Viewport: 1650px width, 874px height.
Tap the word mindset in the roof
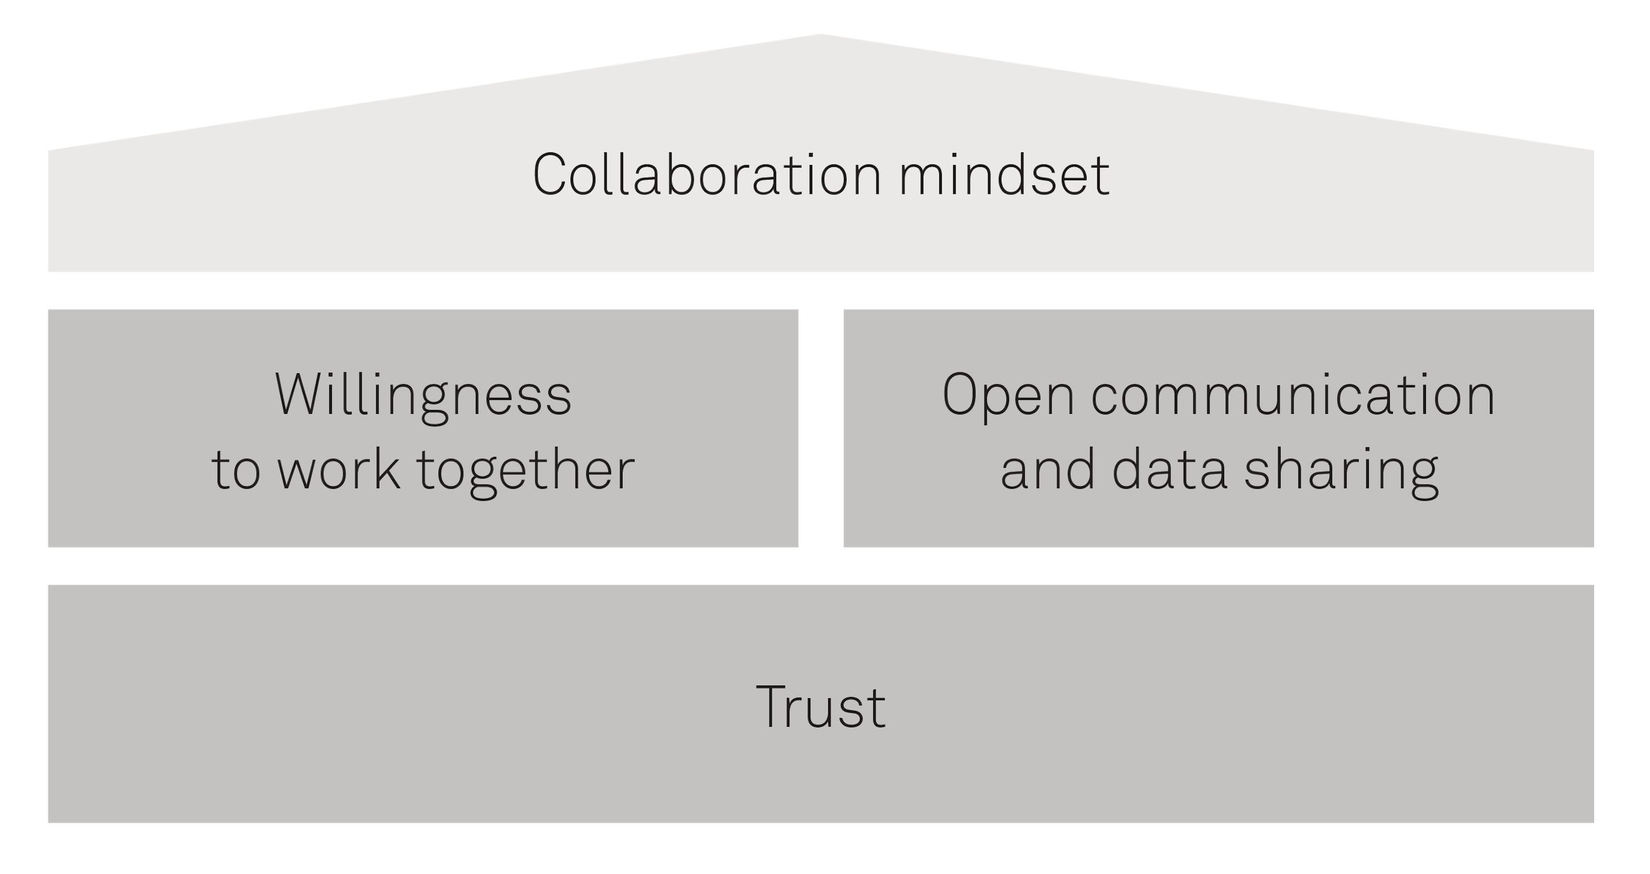(x=1005, y=175)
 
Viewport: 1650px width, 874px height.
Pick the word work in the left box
(x=338, y=470)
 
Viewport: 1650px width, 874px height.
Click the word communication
(x=1293, y=395)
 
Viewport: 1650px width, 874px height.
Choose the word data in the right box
(x=1169, y=470)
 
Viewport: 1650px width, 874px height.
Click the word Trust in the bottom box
(x=821, y=708)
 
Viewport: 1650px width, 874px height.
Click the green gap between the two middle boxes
(x=821, y=428)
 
